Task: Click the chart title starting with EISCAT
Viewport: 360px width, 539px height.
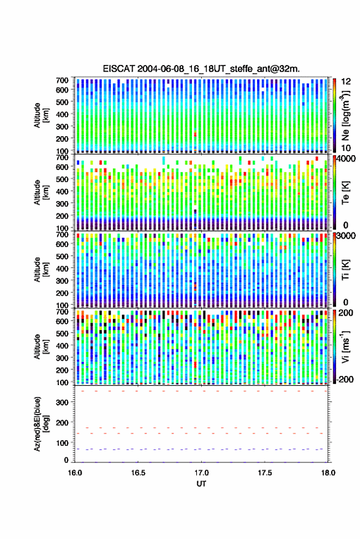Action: pos(201,69)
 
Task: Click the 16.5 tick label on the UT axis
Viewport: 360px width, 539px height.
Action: pos(138,473)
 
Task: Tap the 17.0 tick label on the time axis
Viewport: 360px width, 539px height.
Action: pos(202,473)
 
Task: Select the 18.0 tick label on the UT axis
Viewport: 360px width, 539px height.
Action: pos(328,473)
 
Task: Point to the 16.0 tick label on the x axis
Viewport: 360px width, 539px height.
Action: pos(75,473)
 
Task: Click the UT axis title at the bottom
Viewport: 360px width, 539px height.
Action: pos(201,484)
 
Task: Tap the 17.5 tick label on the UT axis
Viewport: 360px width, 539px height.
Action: pos(265,473)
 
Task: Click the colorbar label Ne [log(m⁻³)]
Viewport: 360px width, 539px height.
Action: pos(345,115)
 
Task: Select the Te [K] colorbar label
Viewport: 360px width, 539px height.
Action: pos(345,193)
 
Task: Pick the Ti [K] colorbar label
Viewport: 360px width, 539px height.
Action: pos(345,270)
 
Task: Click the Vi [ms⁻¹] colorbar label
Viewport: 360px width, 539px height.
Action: pos(345,346)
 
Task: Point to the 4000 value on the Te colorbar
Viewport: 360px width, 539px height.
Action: pos(346,159)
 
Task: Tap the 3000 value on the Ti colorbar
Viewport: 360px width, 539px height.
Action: pos(346,236)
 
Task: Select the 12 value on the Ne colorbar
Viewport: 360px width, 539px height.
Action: pos(346,82)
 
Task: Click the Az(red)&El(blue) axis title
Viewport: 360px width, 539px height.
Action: pos(41,424)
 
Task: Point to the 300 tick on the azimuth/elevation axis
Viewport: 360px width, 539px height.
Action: pos(63,402)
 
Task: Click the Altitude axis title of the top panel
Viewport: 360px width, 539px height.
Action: pos(41,115)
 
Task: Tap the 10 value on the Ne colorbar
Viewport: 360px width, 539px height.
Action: pos(346,148)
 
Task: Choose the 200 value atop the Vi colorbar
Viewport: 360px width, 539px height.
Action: pos(346,313)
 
